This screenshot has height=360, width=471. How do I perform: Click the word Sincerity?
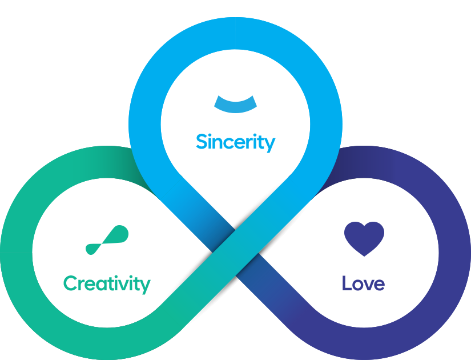(x=235, y=142)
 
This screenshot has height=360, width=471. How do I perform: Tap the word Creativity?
(x=107, y=284)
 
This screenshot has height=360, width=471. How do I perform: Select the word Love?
(x=364, y=283)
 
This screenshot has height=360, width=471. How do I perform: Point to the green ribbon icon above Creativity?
(x=107, y=240)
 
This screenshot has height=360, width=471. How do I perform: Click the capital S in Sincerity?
(x=202, y=141)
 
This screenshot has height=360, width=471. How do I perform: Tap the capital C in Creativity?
(x=70, y=283)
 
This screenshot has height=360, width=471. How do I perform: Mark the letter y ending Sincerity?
(x=269, y=145)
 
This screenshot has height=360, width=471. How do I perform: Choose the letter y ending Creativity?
(x=145, y=287)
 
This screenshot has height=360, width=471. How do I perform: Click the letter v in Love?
(x=368, y=285)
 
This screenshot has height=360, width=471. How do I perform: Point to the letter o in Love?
(x=357, y=285)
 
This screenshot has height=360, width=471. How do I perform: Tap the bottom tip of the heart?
(x=364, y=256)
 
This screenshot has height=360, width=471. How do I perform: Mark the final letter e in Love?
(x=379, y=285)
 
